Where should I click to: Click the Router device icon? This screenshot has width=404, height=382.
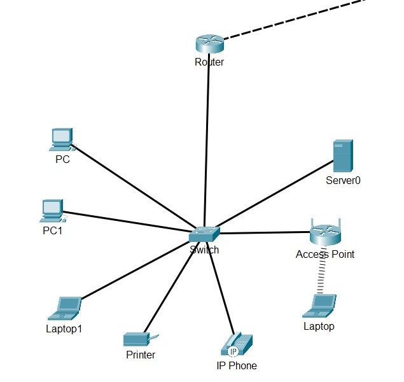point(209,43)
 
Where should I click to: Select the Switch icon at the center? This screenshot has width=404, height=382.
point(204,234)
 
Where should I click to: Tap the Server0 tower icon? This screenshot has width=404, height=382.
point(343,156)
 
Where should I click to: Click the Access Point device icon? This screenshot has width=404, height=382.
point(326,234)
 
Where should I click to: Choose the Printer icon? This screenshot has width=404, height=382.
point(138,339)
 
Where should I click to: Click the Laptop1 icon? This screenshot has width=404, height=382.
point(65,308)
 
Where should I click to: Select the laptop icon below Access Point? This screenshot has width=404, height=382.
point(319,306)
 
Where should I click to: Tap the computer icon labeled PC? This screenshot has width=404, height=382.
point(62,139)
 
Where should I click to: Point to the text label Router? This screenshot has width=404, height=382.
point(209,62)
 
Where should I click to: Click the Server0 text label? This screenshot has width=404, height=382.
point(343,180)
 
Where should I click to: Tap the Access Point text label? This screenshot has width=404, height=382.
point(325,254)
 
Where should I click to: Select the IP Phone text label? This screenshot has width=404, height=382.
point(237,365)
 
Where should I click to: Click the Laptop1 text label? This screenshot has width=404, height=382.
point(64,329)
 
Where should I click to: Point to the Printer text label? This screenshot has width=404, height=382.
point(141,355)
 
